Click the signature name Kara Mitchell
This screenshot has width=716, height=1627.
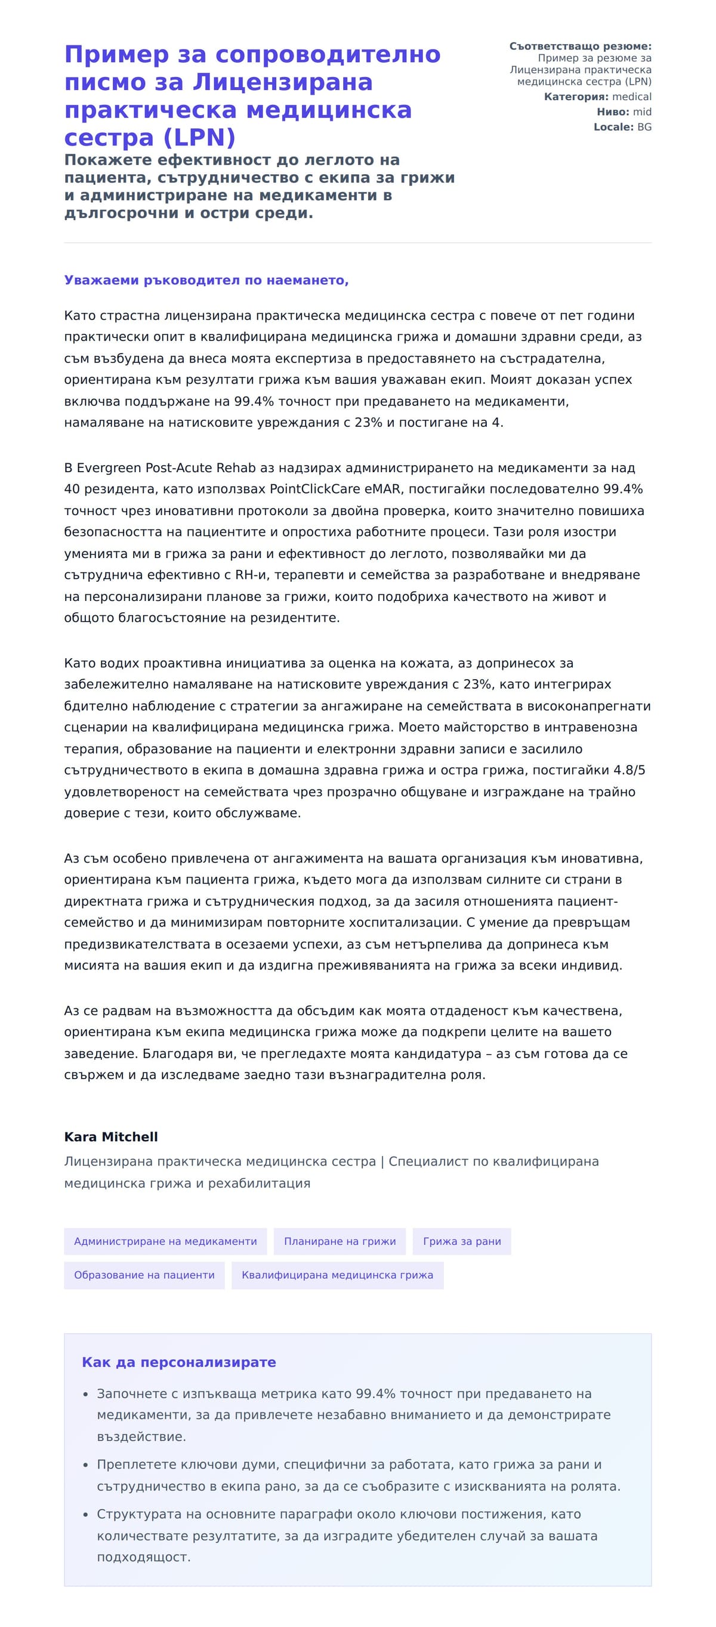110,1136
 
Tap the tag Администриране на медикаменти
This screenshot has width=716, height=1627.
165,1241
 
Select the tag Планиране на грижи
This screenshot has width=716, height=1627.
340,1241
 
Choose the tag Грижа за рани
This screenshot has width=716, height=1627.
461,1241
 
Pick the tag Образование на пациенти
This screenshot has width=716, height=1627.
144,1275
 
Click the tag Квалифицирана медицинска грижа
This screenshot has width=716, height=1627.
337,1275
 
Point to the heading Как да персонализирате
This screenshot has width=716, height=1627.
178,1362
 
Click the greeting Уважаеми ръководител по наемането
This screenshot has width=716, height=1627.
206,280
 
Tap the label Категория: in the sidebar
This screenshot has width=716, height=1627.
576,97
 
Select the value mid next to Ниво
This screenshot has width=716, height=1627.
641,112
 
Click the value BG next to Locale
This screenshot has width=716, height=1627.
644,127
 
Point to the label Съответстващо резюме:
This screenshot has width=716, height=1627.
579,46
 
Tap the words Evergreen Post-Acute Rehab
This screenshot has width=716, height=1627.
165,468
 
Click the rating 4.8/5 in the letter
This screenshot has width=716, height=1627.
629,770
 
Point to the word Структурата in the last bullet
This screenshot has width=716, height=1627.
136,1514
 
